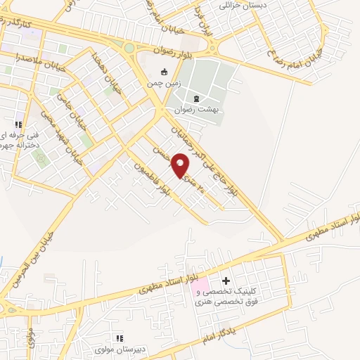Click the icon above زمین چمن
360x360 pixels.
tap(164, 71)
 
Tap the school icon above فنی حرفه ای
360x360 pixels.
tap(19, 124)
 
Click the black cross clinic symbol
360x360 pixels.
tap(225, 281)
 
